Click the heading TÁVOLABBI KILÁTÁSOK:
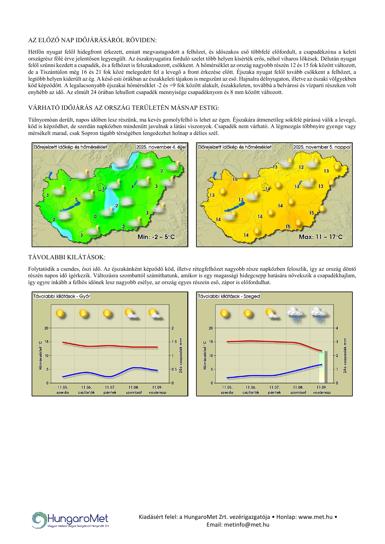point(67,257)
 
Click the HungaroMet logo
point(71,520)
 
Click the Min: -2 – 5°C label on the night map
point(156,237)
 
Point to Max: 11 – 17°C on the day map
point(321,237)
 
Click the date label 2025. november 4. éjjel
point(161,147)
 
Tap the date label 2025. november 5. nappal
point(322,147)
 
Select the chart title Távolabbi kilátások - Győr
point(62,296)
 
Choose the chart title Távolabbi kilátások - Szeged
point(229,296)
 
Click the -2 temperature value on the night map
point(116,206)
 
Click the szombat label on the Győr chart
point(134,392)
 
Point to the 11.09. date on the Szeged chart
point(322,387)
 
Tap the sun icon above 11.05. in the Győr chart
point(60,313)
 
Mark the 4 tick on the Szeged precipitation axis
point(337,328)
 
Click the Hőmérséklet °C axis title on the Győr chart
point(40,355)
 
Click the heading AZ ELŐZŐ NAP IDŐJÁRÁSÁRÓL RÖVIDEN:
point(92,40)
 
